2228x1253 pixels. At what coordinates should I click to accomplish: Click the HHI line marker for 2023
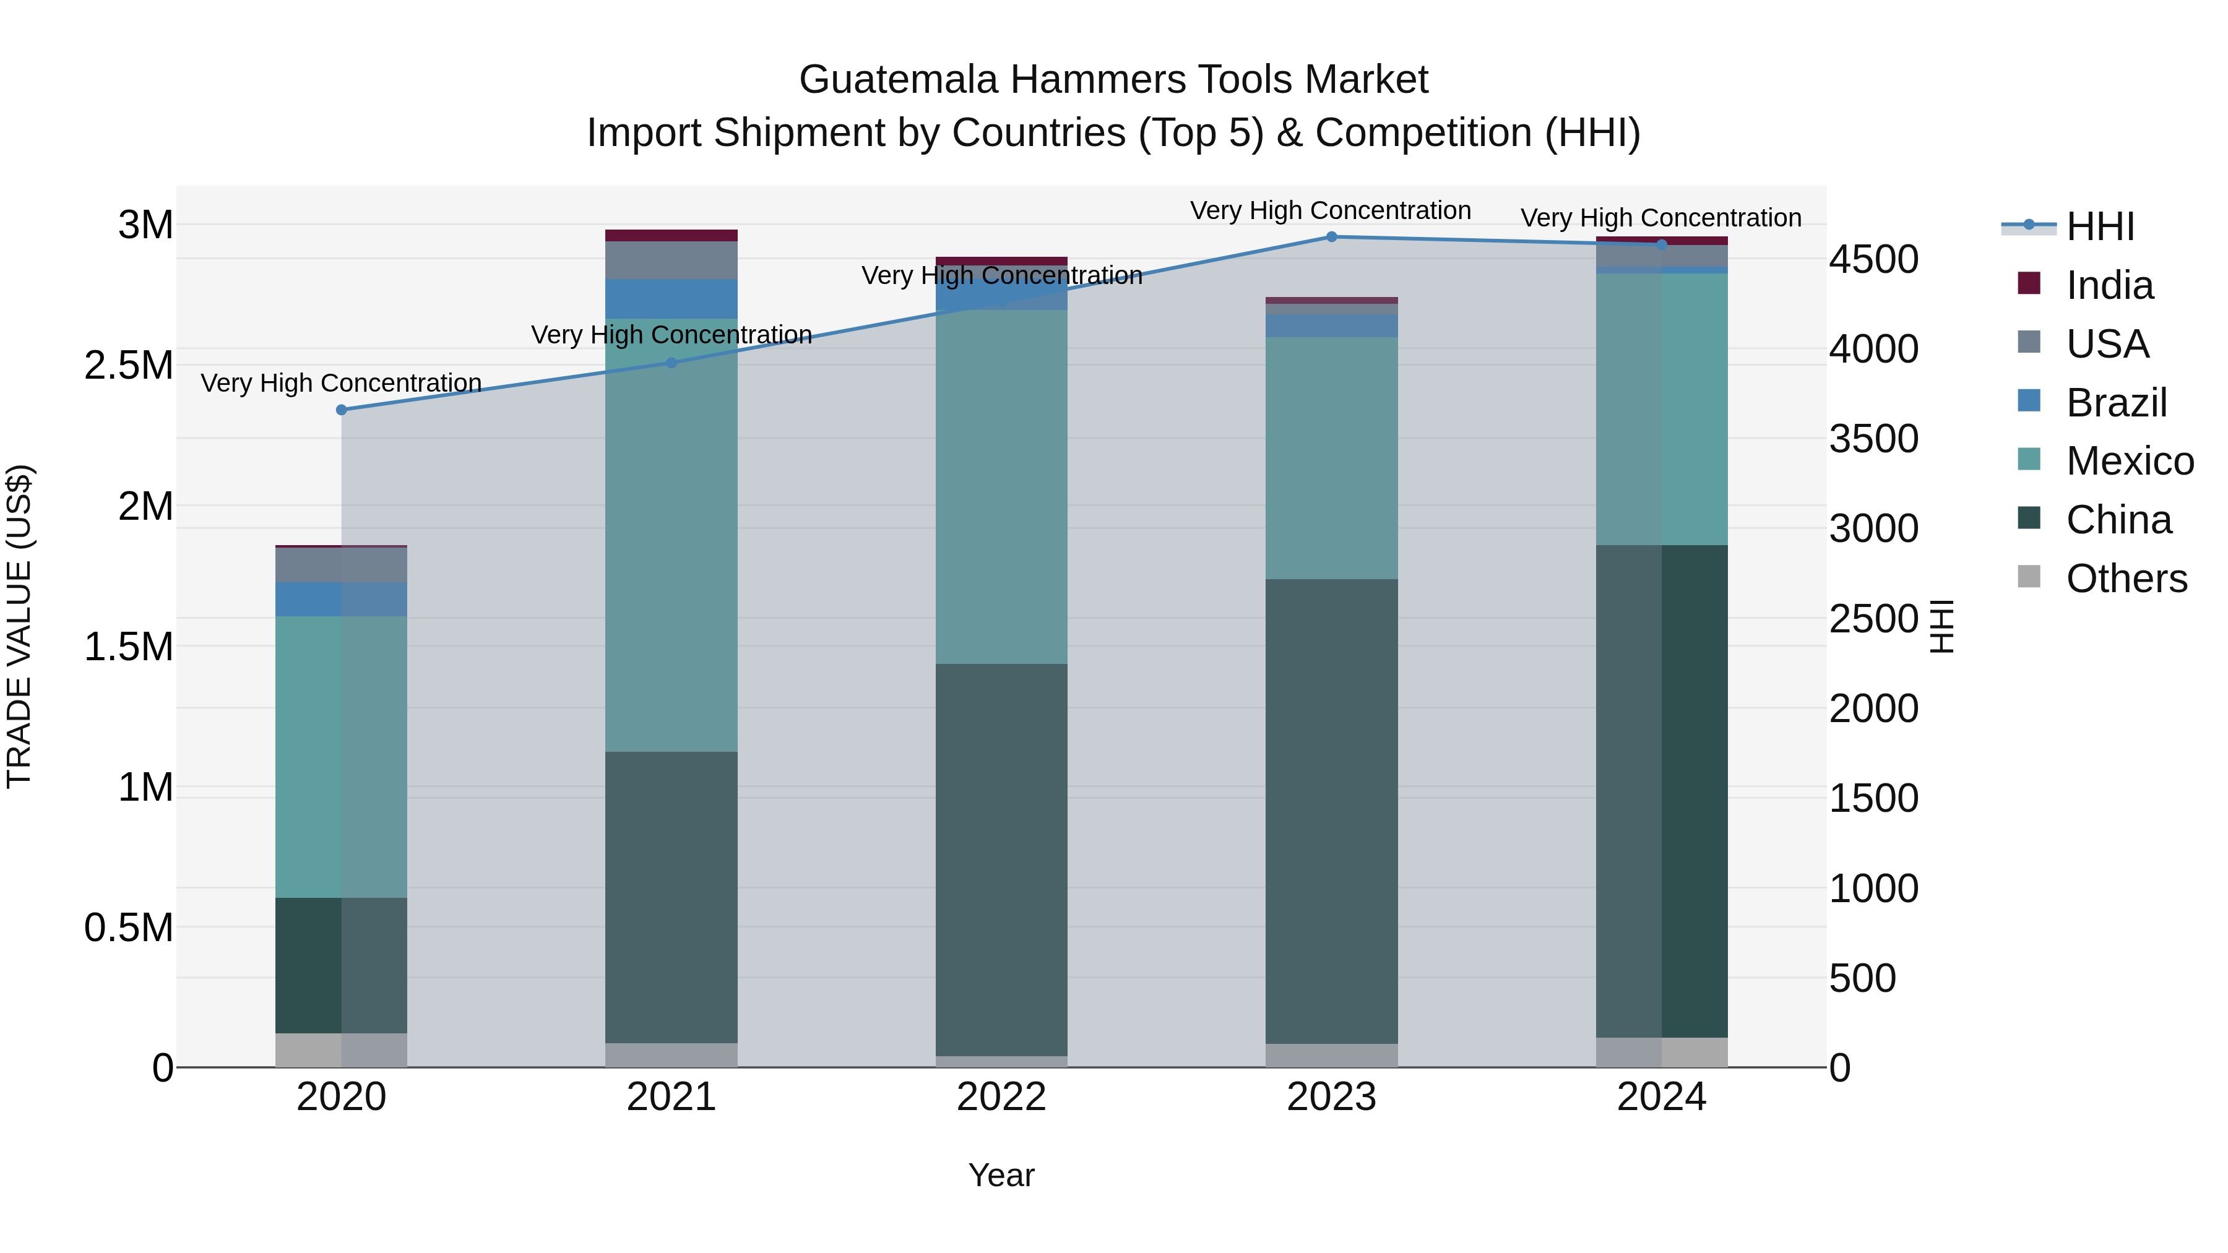click(x=1331, y=237)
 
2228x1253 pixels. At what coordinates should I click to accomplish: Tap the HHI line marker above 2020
click(x=342, y=410)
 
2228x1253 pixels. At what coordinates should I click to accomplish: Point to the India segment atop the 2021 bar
click(x=671, y=235)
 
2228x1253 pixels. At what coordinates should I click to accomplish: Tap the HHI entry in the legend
click(x=2099, y=226)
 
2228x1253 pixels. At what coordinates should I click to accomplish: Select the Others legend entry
click(x=2125, y=579)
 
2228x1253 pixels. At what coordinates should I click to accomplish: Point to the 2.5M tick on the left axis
click(x=129, y=365)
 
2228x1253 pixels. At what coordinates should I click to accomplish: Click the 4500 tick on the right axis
click(x=1873, y=259)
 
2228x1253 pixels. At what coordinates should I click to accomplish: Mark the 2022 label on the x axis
click(x=1001, y=1097)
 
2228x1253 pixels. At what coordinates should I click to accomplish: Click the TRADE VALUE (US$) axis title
click(x=19, y=626)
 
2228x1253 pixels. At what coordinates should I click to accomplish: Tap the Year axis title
click(x=1001, y=1175)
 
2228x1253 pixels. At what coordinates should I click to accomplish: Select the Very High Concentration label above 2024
click(x=1660, y=218)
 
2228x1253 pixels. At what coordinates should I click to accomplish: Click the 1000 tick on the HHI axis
click(x=1873, y=888)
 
